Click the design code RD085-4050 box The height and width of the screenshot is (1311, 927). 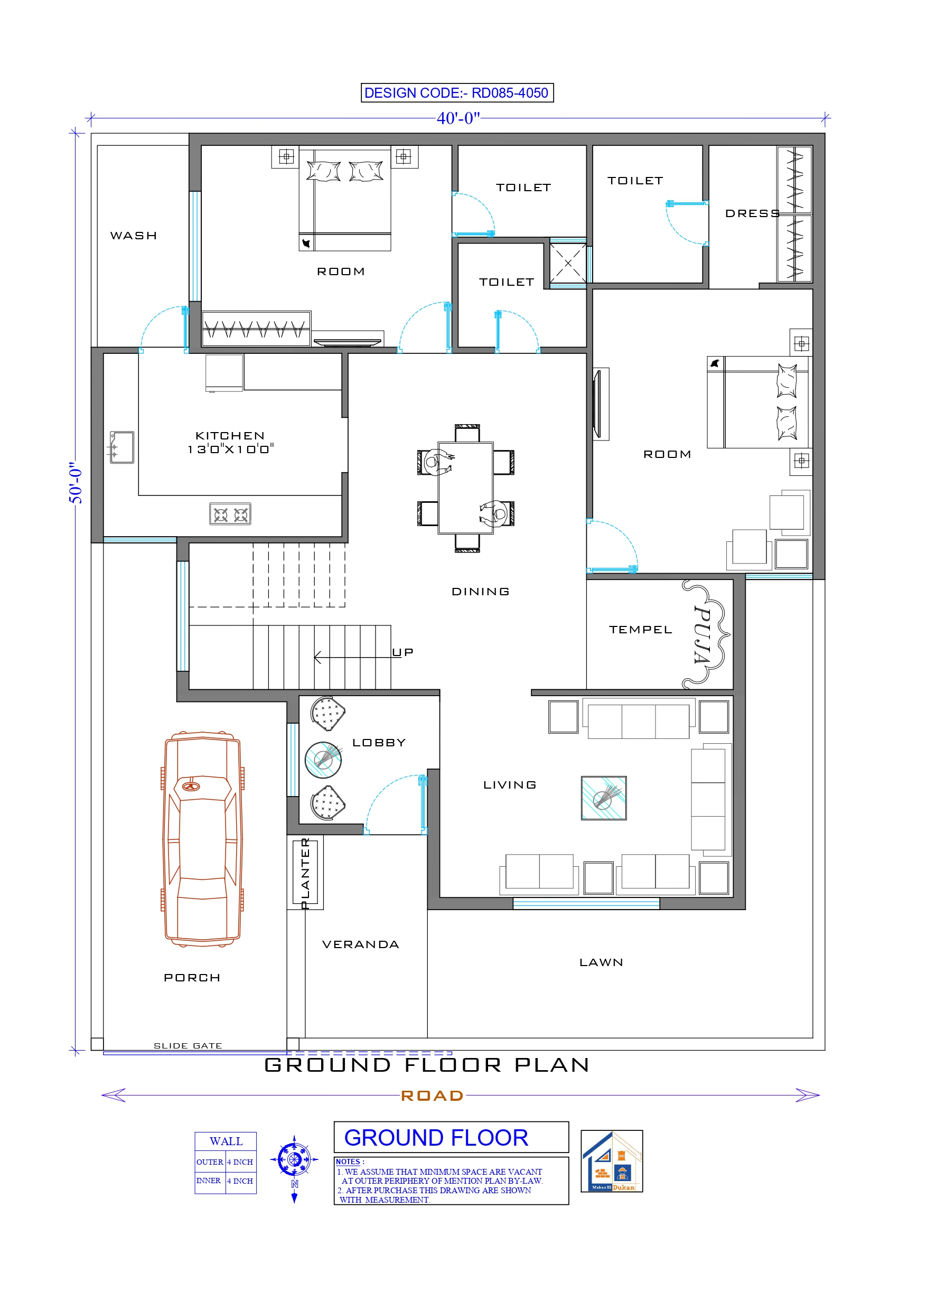tap(457, 92)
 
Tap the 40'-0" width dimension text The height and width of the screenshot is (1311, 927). tap(458, 118)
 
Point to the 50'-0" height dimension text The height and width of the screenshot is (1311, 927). tap(76, 482)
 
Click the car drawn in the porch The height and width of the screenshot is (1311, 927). tap(203, 839)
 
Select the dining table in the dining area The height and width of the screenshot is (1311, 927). tap(465, 488)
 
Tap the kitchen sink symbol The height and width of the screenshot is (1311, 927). tap(121, 447)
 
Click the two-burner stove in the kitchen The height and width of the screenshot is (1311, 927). tap(230, 514)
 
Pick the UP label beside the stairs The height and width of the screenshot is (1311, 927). tap(402, 652)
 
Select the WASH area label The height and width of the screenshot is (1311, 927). tap(134, 236)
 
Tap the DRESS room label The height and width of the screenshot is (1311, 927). tap(752, 213)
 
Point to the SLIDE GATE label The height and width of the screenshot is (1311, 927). tap(188, 1045)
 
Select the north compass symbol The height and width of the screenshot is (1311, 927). tap(294, 1160)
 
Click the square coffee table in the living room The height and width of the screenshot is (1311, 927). tap(604, 798)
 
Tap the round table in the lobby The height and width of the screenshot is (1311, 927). tap(323, 760)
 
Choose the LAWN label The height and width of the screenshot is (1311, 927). tap(601, 963)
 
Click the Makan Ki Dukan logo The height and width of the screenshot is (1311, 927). tap(612, 1161)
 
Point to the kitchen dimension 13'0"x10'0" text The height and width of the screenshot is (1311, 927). tap(231, 450)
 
